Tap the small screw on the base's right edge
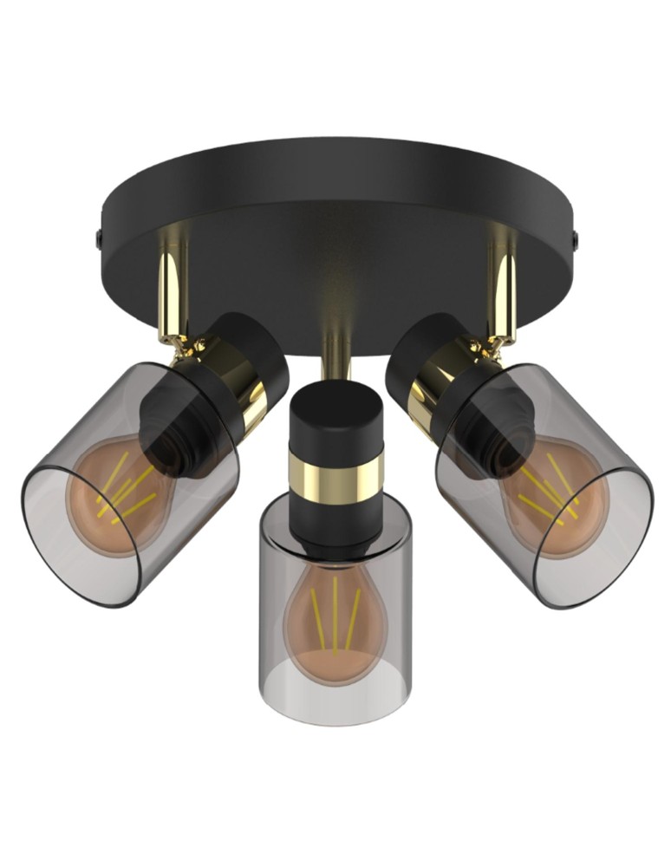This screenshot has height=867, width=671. [x=575, y=235]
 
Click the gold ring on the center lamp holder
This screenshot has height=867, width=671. [x=335, y=473]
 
